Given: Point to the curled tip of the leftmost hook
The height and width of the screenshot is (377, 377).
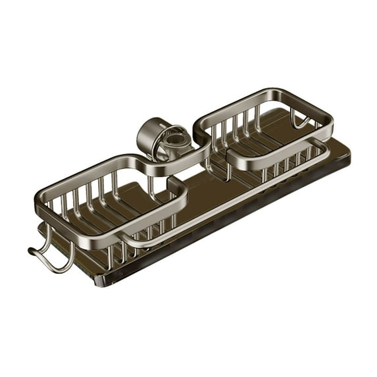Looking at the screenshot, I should (x=31, y=251).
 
